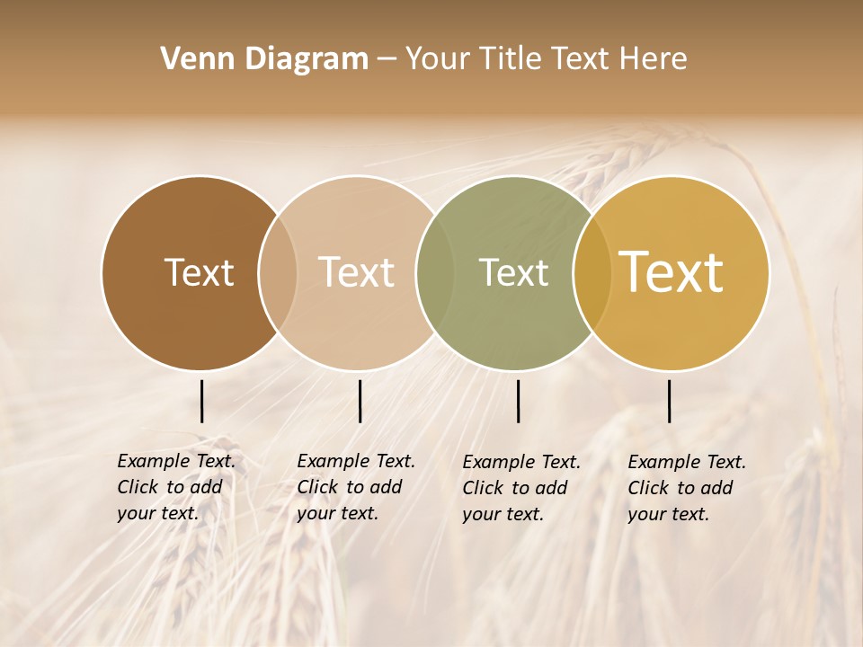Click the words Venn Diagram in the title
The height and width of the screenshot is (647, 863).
pos(264,59)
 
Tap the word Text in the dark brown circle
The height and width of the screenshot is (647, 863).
pos(199,273)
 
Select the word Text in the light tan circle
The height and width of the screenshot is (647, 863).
pos(356,273)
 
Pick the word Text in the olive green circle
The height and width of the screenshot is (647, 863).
pos(513,273)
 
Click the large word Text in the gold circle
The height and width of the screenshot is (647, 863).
pos(672,272)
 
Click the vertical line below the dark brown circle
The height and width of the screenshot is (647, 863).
pos(201,401)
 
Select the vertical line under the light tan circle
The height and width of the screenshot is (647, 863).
pos(360,401)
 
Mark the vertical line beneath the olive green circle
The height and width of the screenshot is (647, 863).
pos(518,401)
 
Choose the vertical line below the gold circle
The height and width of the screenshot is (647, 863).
pos(669,401)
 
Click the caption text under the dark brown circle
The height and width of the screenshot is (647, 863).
pos(176,487)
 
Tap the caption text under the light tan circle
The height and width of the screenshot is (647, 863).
pos(356,487)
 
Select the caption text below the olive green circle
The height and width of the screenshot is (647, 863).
pos(521,488)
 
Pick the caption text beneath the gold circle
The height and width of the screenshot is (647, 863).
pos(687,488)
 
